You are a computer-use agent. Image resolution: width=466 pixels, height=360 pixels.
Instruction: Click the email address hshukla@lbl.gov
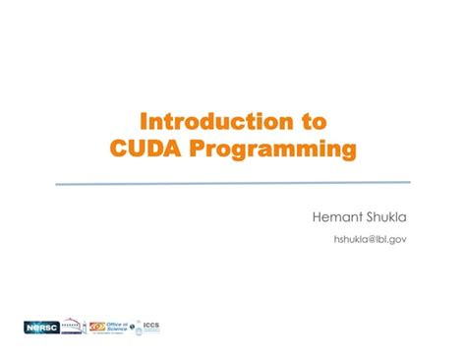[371, 239]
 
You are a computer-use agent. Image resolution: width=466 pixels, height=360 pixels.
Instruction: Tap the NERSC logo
[41, 327]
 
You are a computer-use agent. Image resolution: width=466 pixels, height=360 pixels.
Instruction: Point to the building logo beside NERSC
[74, 327]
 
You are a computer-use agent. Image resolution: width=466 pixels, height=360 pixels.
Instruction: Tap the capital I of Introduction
[146, 121]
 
